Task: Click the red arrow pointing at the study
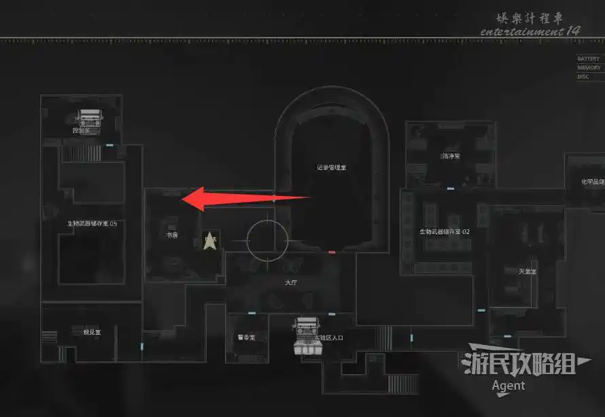pos(248,198)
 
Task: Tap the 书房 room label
pos(173,235)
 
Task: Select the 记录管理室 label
pos(332,167)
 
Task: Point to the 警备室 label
pos(246,337)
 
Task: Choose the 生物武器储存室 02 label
pos(445,231)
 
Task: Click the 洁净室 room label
pos(450,156)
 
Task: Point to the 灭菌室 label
pos(528,271)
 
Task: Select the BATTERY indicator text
pos(589,59)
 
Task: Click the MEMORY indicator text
pos(589,68)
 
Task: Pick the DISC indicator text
pos(583,77)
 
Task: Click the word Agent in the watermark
pos(508,386)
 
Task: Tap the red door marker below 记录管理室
pos(332,252)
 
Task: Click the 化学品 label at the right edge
pos(591,182)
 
